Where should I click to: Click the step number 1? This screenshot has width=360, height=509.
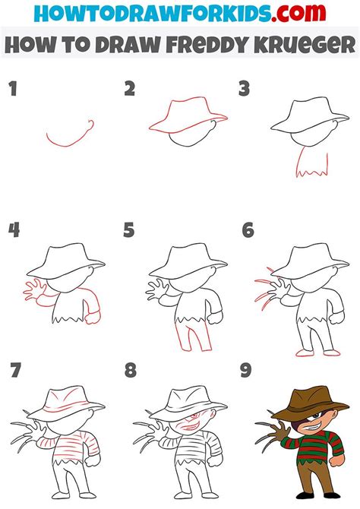11,90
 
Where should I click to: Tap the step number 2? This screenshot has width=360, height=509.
130,90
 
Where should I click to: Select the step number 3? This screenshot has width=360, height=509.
244,90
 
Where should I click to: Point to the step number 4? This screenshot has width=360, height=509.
13,229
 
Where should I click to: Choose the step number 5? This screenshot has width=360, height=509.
130,229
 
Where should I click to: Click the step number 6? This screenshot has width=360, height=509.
248,229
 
